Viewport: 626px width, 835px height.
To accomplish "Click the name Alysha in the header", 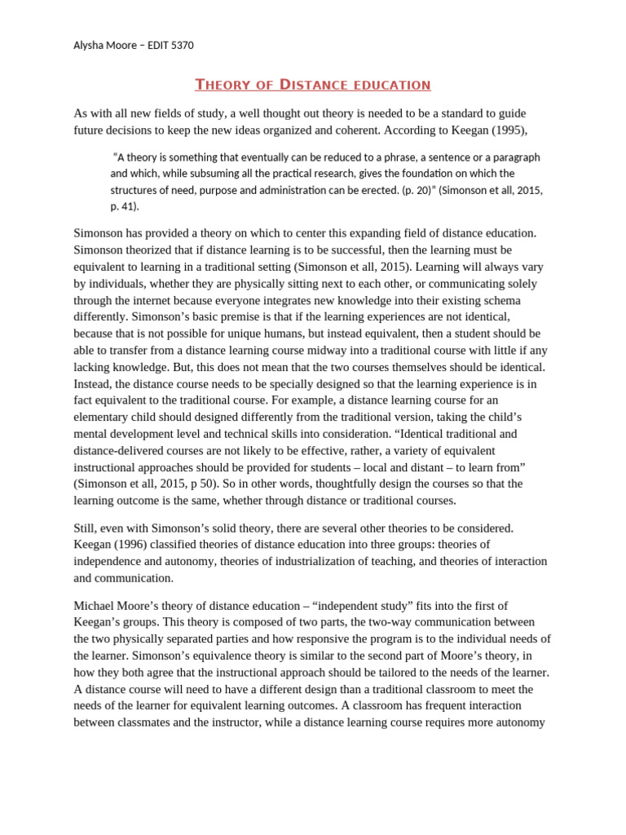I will (x=88, y=46).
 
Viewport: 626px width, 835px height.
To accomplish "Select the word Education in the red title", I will (x=387, y=85).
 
